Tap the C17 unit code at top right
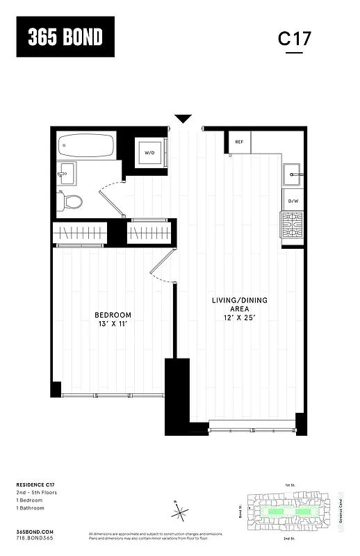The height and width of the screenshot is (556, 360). pyautogui.click(x=295, y=38)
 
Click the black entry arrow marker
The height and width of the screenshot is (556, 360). pyautogui.click(x=183, y=119)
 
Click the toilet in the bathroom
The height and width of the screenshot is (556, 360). pyautogui.click(x=71, y=202)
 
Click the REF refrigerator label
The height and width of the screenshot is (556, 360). pyautogui.click(x=239, y=142)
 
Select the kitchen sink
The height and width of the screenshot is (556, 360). pyautogui.click(x=292, y=172)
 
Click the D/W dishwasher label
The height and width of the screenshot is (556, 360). pyautogui.click(x=293, y=202)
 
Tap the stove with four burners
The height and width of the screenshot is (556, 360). pyautogui.click(x=292, y=224)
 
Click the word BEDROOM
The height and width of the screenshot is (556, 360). pyautogui.click(x=113, y=316)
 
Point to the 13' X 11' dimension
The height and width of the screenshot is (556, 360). pyautogui.click(x=113, y=325)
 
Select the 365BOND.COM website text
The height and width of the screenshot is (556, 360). pyautogui.click(x=33, y=530)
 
